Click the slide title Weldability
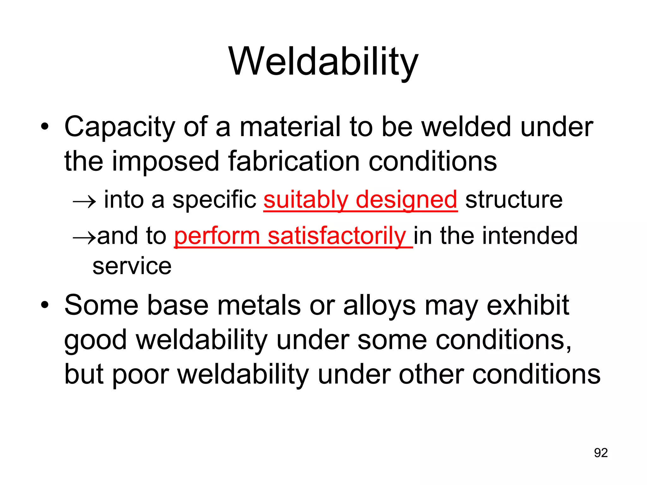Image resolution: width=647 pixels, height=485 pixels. point(323,62)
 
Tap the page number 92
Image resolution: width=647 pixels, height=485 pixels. point(601,453)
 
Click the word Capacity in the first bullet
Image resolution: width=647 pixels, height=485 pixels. point(119,127)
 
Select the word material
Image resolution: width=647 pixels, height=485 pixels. point(290,127)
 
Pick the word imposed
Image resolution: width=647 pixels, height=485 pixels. point(165,162)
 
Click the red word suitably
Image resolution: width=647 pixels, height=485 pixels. point(306,200)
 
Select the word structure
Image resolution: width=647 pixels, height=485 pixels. point(514,200)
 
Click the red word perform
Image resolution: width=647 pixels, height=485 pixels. point(217,236)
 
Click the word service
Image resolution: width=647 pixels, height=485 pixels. point(132,266)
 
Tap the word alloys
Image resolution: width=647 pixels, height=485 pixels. point(379,305)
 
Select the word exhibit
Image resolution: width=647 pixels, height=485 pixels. point(528,305)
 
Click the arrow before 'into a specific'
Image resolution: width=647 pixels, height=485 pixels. point(84,201)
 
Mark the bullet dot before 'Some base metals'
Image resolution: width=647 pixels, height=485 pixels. point(45,305)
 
